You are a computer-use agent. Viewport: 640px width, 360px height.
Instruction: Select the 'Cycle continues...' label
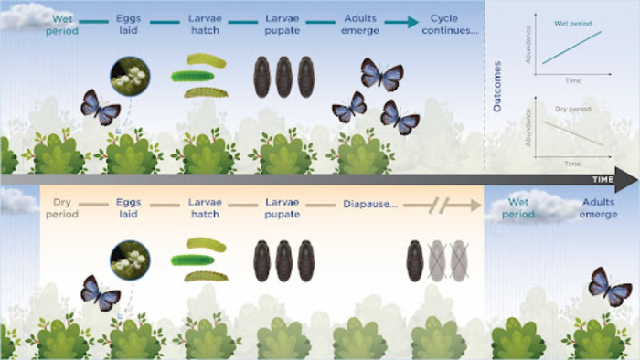[450, 25]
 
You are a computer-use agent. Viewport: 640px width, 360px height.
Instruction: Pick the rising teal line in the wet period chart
[572, 47]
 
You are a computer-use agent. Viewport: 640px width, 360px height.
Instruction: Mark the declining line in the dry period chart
[572, 132]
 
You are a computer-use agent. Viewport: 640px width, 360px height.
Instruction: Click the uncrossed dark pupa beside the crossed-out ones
[415, 259]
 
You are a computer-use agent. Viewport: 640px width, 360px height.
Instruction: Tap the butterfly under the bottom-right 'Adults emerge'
[609, 286]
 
